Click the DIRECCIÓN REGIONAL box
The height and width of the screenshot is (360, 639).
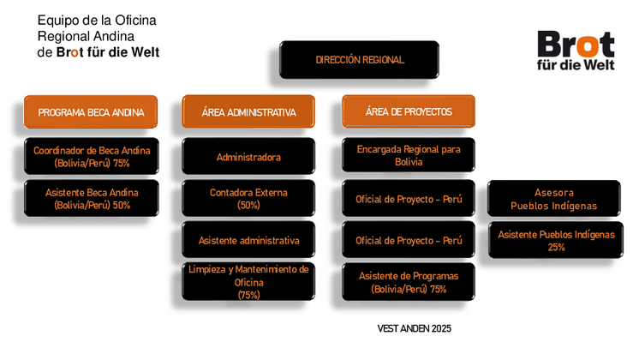click(359, 59)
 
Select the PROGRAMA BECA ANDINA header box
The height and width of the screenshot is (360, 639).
click(91, 111)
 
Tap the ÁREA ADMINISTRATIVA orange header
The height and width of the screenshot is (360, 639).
click(248, 111)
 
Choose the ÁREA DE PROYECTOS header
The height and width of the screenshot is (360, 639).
click(409, 111)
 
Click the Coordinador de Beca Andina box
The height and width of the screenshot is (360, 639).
click(92, 156)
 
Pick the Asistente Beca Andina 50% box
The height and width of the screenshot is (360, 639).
click(92, 198)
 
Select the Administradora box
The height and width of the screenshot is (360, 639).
click(248, 156)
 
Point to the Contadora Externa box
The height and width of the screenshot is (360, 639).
click(248, 198)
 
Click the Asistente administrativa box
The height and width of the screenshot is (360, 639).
click(248, 240)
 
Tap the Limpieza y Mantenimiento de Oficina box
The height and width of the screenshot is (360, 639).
click(248, 282)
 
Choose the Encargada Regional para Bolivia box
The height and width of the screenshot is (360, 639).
click(409, 155)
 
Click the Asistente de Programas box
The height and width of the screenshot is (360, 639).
click(409, 282)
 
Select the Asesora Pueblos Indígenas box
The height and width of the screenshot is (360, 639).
click(554, 198)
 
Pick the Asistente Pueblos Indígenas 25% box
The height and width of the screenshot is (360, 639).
click(555, 240)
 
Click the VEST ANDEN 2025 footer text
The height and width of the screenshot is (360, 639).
click(414, 328)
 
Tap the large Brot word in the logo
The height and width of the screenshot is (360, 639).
click(576, 44)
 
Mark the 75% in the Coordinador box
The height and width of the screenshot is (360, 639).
click(121, 163)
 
